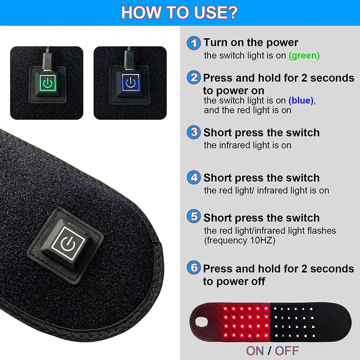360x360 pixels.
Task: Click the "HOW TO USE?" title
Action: pos(179,12)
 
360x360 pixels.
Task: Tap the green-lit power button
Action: pos(48,83)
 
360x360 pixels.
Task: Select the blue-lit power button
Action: pos(131,82)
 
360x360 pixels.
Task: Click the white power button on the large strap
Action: pos(68,243)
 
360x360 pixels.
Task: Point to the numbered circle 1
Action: pos(194,43)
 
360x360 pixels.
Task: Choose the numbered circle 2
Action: pos(194,77)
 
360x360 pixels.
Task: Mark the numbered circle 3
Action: pos(194,132)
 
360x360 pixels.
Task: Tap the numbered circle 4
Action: pos(194,177)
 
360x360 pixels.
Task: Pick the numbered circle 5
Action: pos(194,216)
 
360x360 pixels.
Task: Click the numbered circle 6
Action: pos(194,267)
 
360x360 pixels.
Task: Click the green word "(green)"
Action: pos(304,55)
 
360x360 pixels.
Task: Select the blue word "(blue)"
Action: pos(301,100)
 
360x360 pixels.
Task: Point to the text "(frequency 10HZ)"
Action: pos(239,240)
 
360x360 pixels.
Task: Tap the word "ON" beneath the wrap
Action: pos(255,351)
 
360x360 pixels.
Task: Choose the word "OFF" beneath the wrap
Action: pos(287,351)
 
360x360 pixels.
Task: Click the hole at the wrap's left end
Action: pos(202,322)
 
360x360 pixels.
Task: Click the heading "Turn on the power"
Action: pos(251,42)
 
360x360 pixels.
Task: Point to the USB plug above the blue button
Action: pos(130,58)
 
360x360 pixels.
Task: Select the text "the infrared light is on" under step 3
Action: pos(248,145)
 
